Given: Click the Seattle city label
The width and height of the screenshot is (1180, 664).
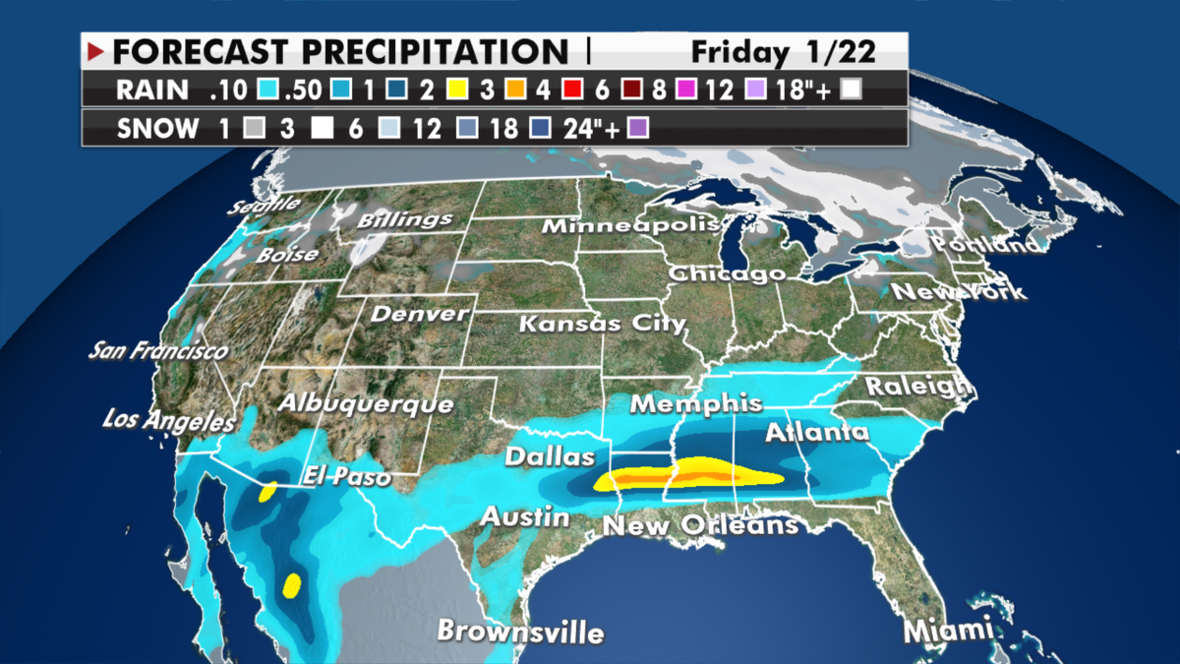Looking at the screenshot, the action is (265, 204).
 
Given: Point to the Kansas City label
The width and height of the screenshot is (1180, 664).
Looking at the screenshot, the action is (601, 323).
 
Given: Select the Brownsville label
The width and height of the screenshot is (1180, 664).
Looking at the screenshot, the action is (520, 631).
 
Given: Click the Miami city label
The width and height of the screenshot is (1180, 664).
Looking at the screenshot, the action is (945, 630).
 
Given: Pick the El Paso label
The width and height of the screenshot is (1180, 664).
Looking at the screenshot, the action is (347, 476).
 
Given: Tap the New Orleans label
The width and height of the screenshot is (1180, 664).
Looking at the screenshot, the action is (700, 525).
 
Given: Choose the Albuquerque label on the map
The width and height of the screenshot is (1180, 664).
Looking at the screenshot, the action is (366, 403).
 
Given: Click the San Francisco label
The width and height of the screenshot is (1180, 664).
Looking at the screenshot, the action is (157, 349).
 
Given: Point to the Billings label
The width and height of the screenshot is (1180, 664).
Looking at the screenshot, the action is (404, 219).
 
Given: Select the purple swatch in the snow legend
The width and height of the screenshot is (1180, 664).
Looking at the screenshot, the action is (637, 128).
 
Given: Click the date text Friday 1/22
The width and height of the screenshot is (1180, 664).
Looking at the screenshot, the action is (783, 51).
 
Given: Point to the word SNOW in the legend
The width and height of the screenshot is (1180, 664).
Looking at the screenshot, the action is (151, 128).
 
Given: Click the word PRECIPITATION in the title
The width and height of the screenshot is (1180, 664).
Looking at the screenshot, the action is (434, 51).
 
